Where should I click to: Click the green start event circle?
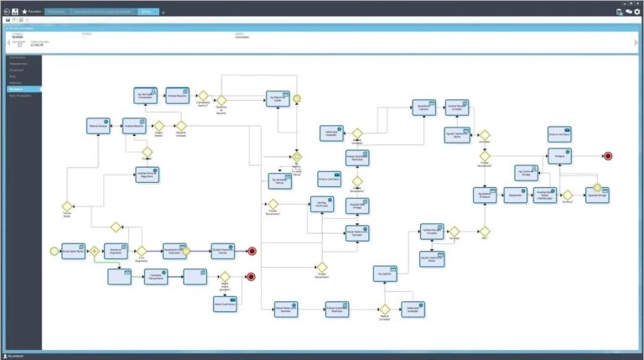pyautogui.click(x=55, y=250)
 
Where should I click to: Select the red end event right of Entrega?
pyautogui.click(x=607, y=155)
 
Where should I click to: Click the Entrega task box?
pyautogui.click(x=559, y=155)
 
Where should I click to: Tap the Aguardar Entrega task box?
pyautogui.click(x=596, y=195)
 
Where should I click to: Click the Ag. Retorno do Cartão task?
pyautogui.click(x=278, y=98)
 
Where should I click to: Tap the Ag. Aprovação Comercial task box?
pyautogui.click(x=146, y=95)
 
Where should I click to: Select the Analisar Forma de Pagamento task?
pyautogui.click(x=147, y=175)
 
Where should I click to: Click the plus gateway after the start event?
pyautogui.click(x=95, y=250)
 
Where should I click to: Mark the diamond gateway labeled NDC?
pyautogui.click(x=485, y=232)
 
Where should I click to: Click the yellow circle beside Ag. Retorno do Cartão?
pyautogui.click(x=297, y=98)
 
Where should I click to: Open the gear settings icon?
pyautogui.click(x=636, y=12)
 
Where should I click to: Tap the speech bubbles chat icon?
pyautogui.click(x=626, y=12)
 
